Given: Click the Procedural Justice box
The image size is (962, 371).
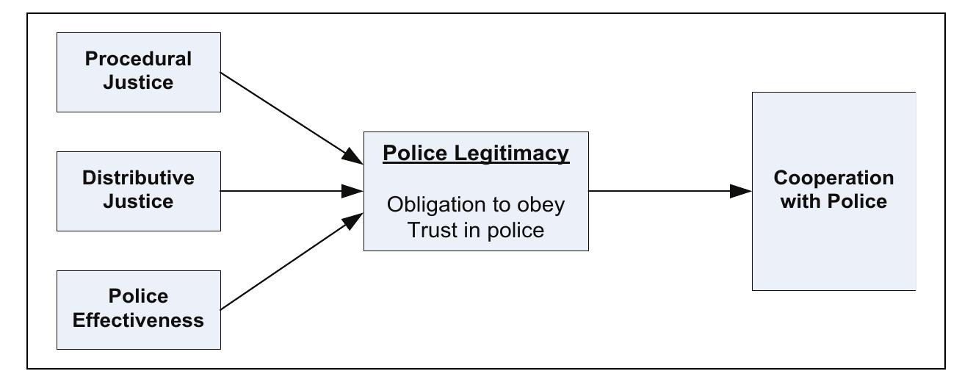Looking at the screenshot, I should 138,72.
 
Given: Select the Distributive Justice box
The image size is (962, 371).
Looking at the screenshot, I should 138,191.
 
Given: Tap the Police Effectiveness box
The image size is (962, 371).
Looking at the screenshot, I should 138,309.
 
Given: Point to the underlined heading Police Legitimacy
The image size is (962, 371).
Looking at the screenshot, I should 476,154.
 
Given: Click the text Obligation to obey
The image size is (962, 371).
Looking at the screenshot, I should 476,204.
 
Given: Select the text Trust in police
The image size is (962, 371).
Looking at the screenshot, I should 476,230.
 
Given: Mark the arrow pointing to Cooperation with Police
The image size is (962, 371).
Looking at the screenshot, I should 668,191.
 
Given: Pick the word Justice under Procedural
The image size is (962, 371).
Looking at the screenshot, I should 138,82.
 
